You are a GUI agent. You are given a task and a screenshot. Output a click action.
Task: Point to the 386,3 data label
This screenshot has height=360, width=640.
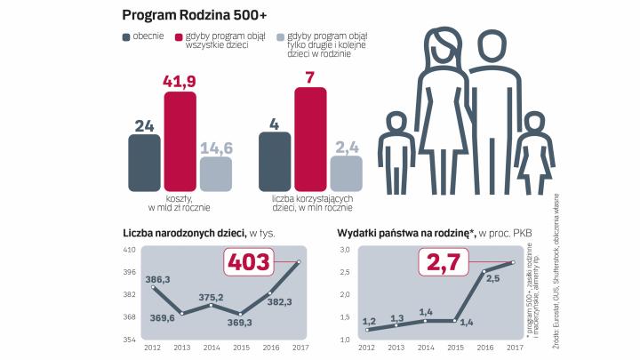(x=157, y=278)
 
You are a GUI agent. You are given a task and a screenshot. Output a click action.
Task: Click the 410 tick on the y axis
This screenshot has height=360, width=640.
(x=129, y=250)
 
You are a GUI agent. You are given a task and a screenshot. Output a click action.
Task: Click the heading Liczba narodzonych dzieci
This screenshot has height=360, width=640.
(x=185, y=234)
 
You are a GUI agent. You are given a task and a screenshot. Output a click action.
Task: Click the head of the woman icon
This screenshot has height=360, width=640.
(x=442, y=44)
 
